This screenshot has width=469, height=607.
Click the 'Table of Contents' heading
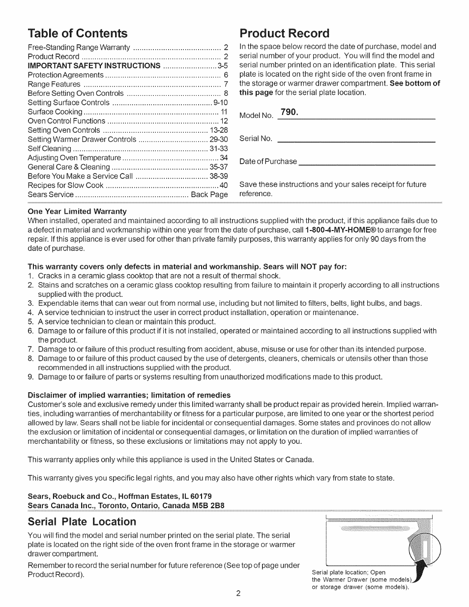(78, 33)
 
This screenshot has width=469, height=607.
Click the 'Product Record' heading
(284, 33)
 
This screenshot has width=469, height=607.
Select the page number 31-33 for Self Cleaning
(218, 148)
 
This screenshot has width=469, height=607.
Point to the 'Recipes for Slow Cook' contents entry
(65, 185)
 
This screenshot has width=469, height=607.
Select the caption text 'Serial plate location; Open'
(349, 572)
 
